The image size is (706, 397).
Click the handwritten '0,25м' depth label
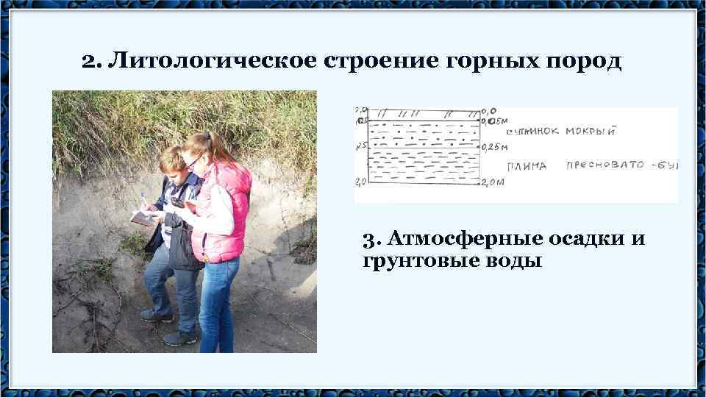[496, 148]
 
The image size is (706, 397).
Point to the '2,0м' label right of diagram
[493, 182]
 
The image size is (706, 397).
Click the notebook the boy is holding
[143, 216]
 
